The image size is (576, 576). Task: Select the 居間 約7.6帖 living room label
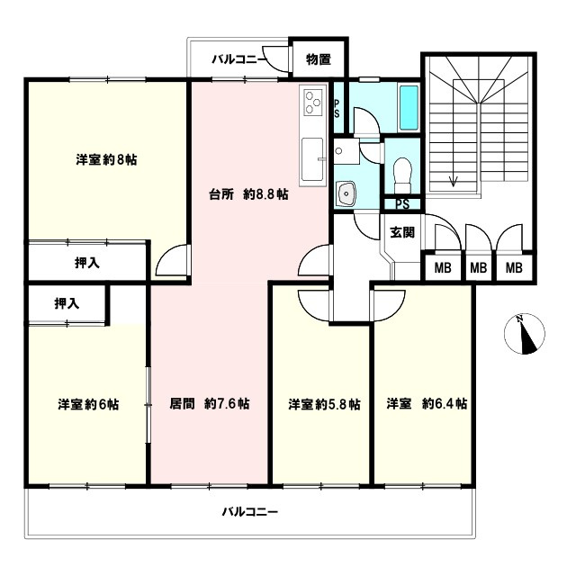coord(210,404)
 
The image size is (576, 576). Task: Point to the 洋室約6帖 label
coord(88,404)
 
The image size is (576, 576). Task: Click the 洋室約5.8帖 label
coord(324,404)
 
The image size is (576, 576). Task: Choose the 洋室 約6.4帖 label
coord(427,404)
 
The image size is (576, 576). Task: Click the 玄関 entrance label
coord(401,232)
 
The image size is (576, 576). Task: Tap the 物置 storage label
coord(318,60)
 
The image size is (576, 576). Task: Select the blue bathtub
coord(408,109)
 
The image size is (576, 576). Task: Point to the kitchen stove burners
coord(313,103)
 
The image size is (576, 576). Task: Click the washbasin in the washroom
coord(345,193)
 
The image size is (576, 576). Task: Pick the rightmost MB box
coord(513,268)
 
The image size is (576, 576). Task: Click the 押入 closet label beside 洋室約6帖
coord(66,303)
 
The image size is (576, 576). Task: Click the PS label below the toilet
coord(402,203)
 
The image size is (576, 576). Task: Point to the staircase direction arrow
coord(454,180)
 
